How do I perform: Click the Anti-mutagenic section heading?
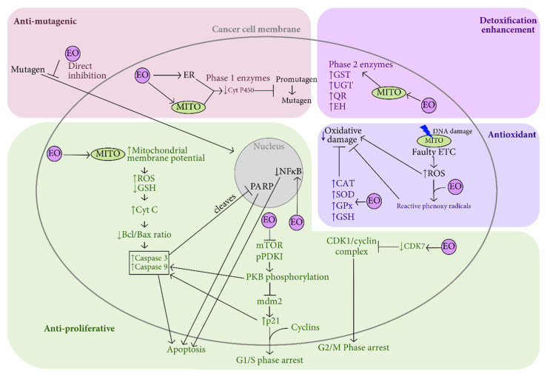tap(45, 21)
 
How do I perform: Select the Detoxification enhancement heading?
tap(508, 25)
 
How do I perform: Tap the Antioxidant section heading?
tap(511, 135)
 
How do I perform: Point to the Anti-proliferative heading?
tap(79, 328)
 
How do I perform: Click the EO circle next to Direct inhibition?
tap(73, 53)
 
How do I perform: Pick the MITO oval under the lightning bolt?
tap(434, 141)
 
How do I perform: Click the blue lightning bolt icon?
tap(426, 131)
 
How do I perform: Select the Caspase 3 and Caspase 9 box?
tap(149, 263)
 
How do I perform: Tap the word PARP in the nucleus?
tap(261, 187)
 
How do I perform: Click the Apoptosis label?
tap(186, 350)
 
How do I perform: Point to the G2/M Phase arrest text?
tap(353, 347)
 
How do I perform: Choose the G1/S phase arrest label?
tap(269, 360)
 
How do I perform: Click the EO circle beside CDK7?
tap(449, 247)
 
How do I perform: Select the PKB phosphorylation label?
tap(287, 277)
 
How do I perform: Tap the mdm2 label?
tap(269, 301)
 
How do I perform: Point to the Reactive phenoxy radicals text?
tap(434, 206)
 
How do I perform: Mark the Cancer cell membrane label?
tap(256, 30)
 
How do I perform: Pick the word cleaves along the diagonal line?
tap(224, 204)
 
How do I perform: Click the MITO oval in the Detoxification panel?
tap(389, 93)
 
